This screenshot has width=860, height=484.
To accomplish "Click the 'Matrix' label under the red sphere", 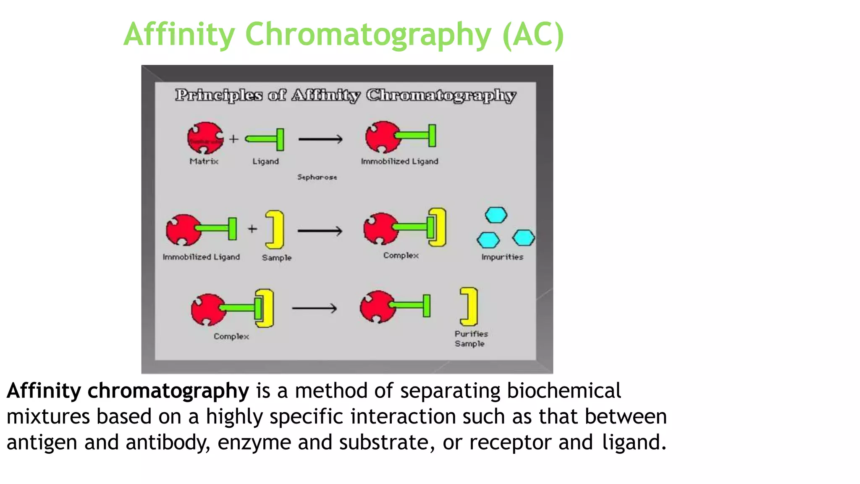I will click(x=204, y=161).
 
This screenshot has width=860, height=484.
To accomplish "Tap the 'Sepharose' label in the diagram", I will click(x=317, y=177).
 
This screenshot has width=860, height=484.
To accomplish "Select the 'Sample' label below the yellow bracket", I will click(x=276, y=258).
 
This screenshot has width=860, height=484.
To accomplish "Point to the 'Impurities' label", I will click(x=502, y=257).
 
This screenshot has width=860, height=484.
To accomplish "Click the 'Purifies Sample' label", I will click(x=471, y=339).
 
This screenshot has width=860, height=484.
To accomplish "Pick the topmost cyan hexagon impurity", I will click(x=496, y=215).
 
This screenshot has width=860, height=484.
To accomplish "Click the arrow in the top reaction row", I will click(x=320, y=139).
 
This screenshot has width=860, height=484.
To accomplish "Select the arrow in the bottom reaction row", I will click(x=314, y=308).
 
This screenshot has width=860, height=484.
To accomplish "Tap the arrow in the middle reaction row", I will click(x=320, y=231).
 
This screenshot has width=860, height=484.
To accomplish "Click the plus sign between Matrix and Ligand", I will click(x=234, y=139).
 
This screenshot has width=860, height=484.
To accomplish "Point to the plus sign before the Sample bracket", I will click(x=252, y=229).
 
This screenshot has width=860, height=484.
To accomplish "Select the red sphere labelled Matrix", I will click(x=205, y=138).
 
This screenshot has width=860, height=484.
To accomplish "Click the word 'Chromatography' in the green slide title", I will click(x=368, y=34).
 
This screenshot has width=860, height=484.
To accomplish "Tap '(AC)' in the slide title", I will click(x=533, y=34).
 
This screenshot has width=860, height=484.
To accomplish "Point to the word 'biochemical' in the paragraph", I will click(x=564, y=391).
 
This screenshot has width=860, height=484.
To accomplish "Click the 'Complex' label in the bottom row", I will click(x=231, y=337).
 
